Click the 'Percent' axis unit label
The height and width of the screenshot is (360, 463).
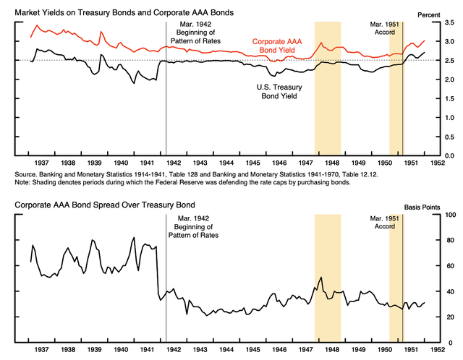pos(441,13)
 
